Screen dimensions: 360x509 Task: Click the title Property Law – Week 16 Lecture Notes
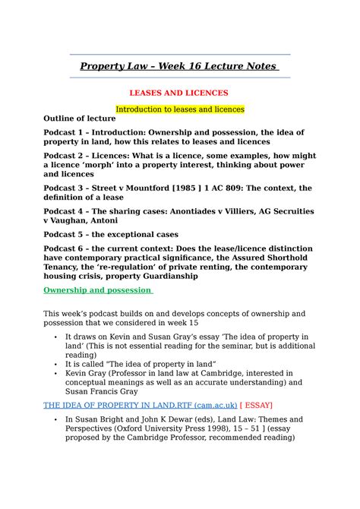(179, 67)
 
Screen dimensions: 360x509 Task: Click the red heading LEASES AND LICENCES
(179, 93)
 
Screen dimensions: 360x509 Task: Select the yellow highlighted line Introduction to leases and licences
(179, 109)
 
